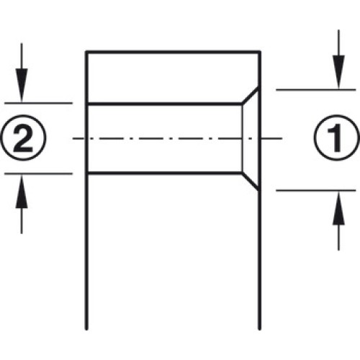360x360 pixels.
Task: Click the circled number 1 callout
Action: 337,138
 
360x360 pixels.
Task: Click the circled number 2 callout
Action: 23,138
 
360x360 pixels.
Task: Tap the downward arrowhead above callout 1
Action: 338,72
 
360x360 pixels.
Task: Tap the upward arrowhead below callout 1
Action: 338,208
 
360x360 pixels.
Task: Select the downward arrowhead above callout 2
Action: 22,85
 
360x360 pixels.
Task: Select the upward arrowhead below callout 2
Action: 22,191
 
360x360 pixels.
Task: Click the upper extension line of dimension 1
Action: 316,90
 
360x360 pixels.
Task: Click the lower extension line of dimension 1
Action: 316,191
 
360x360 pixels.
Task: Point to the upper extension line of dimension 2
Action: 38,103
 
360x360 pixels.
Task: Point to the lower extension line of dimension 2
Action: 38,174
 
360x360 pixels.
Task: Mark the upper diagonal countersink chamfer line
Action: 251,96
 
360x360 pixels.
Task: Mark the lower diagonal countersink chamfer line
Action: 251,181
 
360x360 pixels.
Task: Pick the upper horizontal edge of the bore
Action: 164,104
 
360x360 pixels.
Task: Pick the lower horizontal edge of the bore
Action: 164,173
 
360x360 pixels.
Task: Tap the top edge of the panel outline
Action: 174,52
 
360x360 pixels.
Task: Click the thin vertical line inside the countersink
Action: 243,138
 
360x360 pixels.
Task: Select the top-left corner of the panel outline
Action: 86,51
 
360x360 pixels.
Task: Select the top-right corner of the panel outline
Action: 261,51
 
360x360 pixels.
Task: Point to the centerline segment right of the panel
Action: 271,138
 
